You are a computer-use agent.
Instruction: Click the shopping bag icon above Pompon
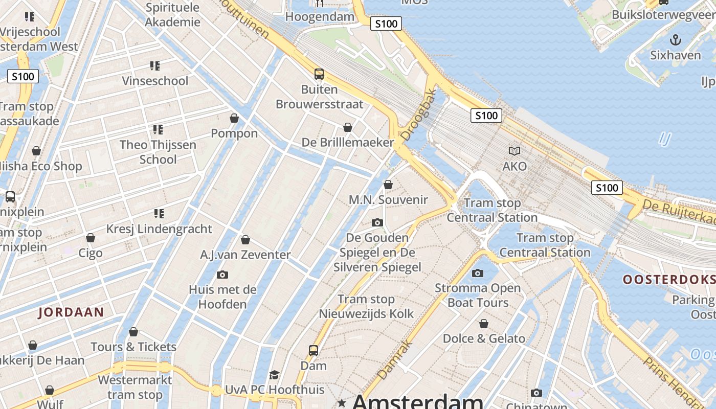click(x=234, y=118)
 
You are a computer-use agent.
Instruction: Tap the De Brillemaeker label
click(x=348, y=142)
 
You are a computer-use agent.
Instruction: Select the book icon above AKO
click(x=514, y=151)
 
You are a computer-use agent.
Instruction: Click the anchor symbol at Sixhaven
click(x=676, y=40)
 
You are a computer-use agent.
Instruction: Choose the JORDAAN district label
click(x=71, y=312)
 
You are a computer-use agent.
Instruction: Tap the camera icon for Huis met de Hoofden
click(x=222, y=275)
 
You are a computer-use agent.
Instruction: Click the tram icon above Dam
click(x=314, y=351)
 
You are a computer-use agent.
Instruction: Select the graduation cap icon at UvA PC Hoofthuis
click(x=275, y=375)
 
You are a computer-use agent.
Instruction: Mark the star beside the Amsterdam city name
click(x=342, y=403)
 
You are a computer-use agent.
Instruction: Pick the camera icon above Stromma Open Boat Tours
click(x=478, y=273)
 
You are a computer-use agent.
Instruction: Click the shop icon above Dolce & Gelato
click(x=483, y=324)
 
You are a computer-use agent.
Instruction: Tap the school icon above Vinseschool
click(x=155, y=66)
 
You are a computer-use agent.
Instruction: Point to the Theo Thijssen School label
click(x=158, y=152)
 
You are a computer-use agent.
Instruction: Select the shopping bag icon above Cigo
click(x=91, y=238)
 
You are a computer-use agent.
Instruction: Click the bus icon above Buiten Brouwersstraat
click(x=319, y=74)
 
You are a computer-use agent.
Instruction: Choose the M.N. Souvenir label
click(x=388, y=199)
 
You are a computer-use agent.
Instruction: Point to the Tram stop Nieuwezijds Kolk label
click(x=366, y=306)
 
